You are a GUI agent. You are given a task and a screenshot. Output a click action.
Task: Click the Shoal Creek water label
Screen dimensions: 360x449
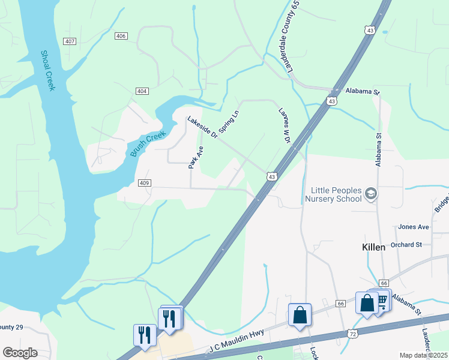point(48,70)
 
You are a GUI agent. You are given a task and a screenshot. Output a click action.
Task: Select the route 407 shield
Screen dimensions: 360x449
point(70,41)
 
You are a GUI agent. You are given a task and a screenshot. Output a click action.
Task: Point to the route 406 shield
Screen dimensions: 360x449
point(121,37)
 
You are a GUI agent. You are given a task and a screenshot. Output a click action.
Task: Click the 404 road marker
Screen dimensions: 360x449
point(142,91)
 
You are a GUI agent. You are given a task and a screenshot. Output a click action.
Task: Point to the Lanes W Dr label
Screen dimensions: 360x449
point(285,125)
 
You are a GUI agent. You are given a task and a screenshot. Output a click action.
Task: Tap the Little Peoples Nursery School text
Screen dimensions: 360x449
point(333,194)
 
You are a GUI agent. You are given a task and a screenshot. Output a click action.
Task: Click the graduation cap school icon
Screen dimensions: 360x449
point(371,193)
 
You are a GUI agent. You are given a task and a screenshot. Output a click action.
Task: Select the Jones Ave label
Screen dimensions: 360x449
point(414,227)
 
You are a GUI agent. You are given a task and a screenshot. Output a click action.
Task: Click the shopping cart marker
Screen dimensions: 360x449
point(381,299)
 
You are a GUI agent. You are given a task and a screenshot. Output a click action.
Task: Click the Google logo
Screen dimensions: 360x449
point(20,353)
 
